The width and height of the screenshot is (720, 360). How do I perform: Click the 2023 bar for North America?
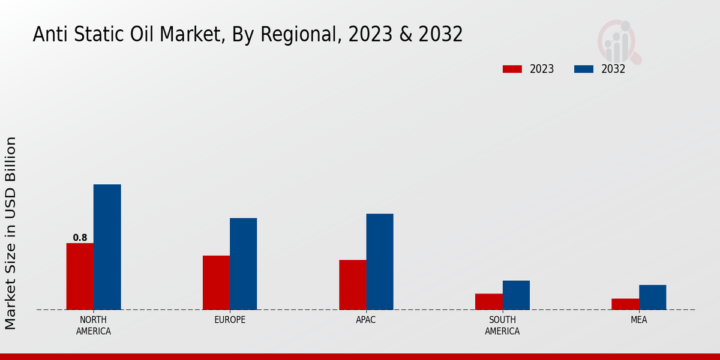[80, 276]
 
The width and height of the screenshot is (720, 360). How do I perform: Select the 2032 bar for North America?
[107, 247]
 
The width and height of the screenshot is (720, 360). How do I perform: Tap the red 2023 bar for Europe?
[216, 283]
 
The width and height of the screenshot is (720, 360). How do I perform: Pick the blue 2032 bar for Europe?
[243, 263]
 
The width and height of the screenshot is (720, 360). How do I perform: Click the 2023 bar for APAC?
[352, 284]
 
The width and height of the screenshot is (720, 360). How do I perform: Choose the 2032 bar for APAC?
[380, 262]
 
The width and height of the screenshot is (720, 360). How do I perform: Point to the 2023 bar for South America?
[488, 301]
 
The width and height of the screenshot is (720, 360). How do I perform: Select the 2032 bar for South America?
[516, 295]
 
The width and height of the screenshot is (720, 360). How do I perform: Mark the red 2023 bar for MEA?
[625, 304]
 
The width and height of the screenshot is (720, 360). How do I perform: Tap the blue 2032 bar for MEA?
[652, 297]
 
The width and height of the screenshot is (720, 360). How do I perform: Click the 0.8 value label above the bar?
[80, 238]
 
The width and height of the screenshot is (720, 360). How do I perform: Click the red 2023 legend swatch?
[512, 69]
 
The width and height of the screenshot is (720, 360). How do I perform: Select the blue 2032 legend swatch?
[584, 69]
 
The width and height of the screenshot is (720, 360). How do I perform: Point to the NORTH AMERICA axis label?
[94, 325]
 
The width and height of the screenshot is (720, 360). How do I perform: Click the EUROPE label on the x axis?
[230, 320]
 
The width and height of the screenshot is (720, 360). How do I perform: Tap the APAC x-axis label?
[366, 320]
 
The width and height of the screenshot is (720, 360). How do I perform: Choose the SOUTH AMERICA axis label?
[502, 325]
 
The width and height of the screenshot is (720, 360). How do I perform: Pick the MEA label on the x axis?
[638, 320]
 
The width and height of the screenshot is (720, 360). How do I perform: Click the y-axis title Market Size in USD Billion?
[11, 233]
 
